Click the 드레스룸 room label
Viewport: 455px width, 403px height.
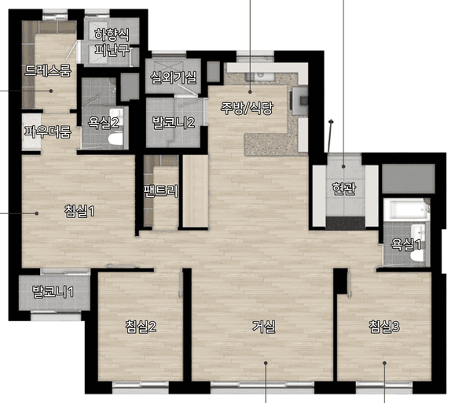point(48,70)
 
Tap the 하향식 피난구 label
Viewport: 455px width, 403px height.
point(112,43)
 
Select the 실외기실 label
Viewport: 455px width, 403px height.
point(173,77)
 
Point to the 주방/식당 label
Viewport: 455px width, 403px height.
point(247,108)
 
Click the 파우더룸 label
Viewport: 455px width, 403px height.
point(48,131)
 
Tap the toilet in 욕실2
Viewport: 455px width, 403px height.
point(116,139)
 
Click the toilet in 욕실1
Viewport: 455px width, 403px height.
point(417,256)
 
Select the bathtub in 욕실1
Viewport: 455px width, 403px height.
point(406,210)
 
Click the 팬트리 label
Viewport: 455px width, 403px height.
point(161,191)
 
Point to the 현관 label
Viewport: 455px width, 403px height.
point(344,189)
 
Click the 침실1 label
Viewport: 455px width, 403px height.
point(79,211)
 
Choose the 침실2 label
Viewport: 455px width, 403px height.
point(141,327)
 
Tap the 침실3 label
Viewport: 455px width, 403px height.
point(384,327)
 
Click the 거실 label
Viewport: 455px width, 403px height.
point(264,327)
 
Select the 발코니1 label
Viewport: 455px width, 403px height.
point(53,292)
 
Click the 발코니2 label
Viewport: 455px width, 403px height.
point(174,122)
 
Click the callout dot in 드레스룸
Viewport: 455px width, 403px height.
point(51,91)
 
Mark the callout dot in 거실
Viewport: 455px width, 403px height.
point(266,363)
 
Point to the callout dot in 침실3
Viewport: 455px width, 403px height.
point(384,363)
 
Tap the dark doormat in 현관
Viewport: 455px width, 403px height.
point(345,224)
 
